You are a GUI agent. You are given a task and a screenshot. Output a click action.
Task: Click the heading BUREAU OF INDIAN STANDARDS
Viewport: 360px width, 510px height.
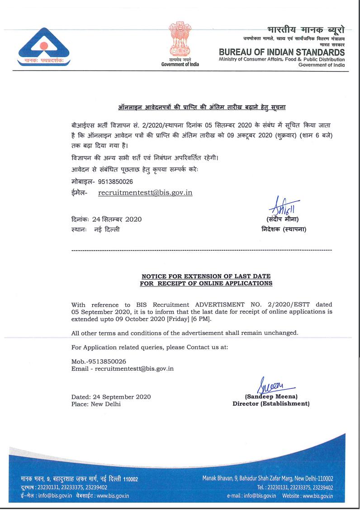tap(281, 52)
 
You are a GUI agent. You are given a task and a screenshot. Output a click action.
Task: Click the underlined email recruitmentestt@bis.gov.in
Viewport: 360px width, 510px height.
tap(145, 193)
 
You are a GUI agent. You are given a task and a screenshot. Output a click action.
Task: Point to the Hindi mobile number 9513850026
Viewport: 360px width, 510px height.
tap(112, 181)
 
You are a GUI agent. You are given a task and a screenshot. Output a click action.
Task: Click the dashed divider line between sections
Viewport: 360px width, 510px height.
tap(202, 250)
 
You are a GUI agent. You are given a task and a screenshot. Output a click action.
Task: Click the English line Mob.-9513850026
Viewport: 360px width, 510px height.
tap(99, 362)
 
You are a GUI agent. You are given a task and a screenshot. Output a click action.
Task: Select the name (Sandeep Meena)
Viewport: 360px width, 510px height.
tap(271, 397)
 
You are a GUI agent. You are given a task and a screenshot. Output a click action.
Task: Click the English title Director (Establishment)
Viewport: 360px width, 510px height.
tap(271, 404)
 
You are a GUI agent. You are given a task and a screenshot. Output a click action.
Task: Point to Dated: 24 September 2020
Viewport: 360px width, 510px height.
tap(111, 397)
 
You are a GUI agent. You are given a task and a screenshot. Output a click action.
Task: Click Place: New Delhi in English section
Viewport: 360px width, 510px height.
tap(96, 404)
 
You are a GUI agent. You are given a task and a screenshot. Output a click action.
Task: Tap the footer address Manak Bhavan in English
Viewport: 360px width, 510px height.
tap(267, 479)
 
